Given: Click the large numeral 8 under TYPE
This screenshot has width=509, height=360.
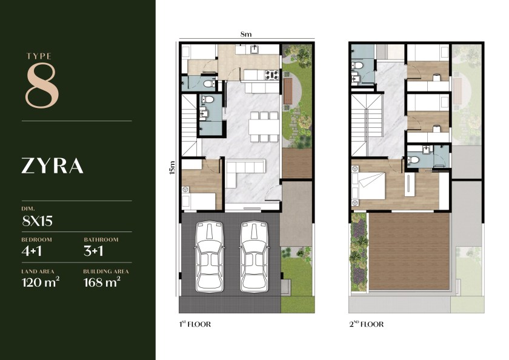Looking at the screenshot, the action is point(42,85).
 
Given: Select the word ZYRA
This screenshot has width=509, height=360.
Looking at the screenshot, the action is point(52,166).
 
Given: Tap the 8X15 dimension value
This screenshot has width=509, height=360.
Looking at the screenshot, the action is point(38,221).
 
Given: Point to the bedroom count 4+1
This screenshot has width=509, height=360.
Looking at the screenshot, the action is point(32,251).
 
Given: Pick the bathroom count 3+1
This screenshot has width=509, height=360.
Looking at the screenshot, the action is point(93,251).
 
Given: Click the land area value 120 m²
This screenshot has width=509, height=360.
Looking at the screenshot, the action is point(41,282).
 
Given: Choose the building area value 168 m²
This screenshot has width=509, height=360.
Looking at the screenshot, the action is point(102,282).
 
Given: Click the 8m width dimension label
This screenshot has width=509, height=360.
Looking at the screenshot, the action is point(246,34).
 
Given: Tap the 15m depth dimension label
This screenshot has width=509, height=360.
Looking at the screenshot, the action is point(172,167).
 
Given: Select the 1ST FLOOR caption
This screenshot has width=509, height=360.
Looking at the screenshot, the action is point(195,324).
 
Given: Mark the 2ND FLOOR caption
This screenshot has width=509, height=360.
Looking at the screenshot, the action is point(367,324).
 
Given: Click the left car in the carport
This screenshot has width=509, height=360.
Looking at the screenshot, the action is point(210,257).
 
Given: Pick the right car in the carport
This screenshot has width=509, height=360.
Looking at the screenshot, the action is point(254,257).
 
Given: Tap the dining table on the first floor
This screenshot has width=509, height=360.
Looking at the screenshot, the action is point(264,127).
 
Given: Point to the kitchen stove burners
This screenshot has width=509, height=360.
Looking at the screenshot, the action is point(272,75).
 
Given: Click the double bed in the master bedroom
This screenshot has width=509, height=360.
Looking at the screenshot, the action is point(370,185).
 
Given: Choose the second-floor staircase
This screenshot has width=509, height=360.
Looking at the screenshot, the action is point(367,126).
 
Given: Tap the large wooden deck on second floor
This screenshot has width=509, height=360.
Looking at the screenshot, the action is point(410,252).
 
